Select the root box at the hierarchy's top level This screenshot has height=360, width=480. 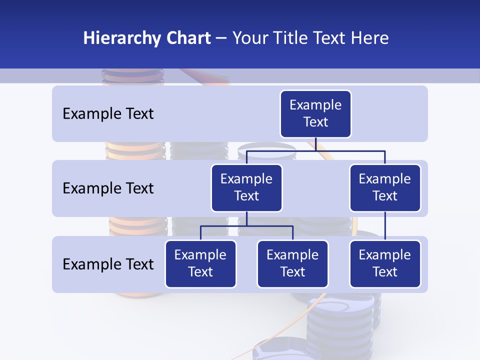pos(315,114)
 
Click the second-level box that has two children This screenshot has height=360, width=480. pos(246,188)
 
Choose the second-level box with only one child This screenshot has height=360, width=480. pos(385,188)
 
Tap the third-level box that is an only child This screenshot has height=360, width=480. pos(385,264)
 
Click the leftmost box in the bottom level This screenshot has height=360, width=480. pos(200,264)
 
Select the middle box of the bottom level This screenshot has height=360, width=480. pos(292,264)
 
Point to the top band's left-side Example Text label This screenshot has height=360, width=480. pos(108,114)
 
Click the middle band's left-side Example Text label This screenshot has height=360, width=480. pos(108,188)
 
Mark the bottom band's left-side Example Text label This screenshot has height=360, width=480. pos(108,264)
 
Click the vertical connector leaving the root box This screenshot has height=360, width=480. pos(315,144)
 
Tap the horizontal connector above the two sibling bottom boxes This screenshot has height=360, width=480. pos(246,226)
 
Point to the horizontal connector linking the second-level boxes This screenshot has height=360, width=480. pos(350,150)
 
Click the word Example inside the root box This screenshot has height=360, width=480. pos(315,105)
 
